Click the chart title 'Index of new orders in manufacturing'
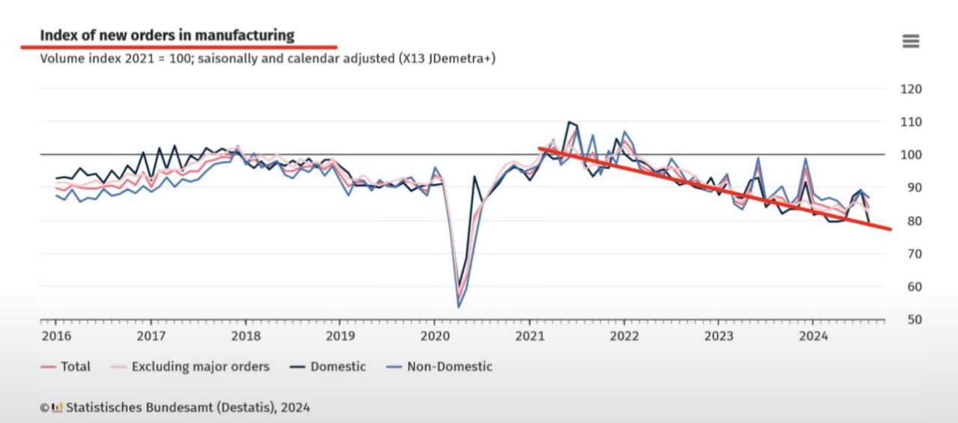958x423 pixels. point(167,35)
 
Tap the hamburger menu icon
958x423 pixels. point(910,41)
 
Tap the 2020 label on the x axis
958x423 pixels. point(434,335)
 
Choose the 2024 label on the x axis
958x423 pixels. point(814,335)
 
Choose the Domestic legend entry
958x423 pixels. point(338,367)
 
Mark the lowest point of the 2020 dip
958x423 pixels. point(459,307)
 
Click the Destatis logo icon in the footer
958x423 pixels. point(57,407)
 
